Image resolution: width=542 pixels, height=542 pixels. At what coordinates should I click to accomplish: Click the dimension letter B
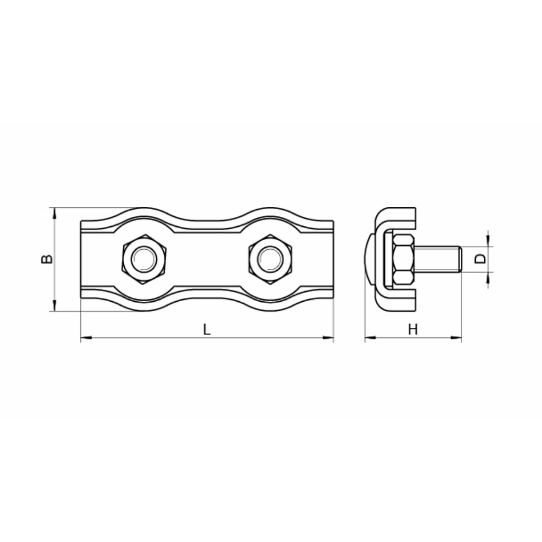coord(47,259)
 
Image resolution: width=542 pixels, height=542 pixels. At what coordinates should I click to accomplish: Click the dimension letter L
coord(207,329)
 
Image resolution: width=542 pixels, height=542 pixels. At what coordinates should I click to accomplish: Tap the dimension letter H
coord(413,330)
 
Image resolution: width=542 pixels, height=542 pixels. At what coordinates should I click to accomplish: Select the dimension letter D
coord(480,259)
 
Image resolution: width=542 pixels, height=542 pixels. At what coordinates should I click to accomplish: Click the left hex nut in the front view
coord(145,259)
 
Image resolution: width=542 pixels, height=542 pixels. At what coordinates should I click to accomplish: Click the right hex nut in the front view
coord(270,259)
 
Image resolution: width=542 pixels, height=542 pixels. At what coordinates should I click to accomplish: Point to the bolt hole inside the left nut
coord(145,259)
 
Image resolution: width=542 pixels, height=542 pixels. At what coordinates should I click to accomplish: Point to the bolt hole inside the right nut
coord(270,259)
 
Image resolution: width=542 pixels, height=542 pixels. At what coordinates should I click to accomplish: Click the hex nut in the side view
coord(403,259)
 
